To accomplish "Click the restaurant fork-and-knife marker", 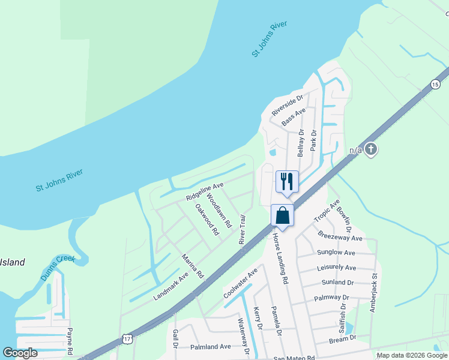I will click(287, 181).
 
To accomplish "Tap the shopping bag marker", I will click(282, 215).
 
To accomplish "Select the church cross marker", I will click(371, 149).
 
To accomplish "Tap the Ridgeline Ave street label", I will click(204, 191).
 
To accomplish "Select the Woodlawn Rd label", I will click(219, 210).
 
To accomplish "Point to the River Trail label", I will click(242, 229).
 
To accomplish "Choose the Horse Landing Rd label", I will click(281, 259).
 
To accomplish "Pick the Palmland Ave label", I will click(211, 347).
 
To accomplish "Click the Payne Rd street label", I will click(70, 341).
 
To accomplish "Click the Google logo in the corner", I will click(20, 353).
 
